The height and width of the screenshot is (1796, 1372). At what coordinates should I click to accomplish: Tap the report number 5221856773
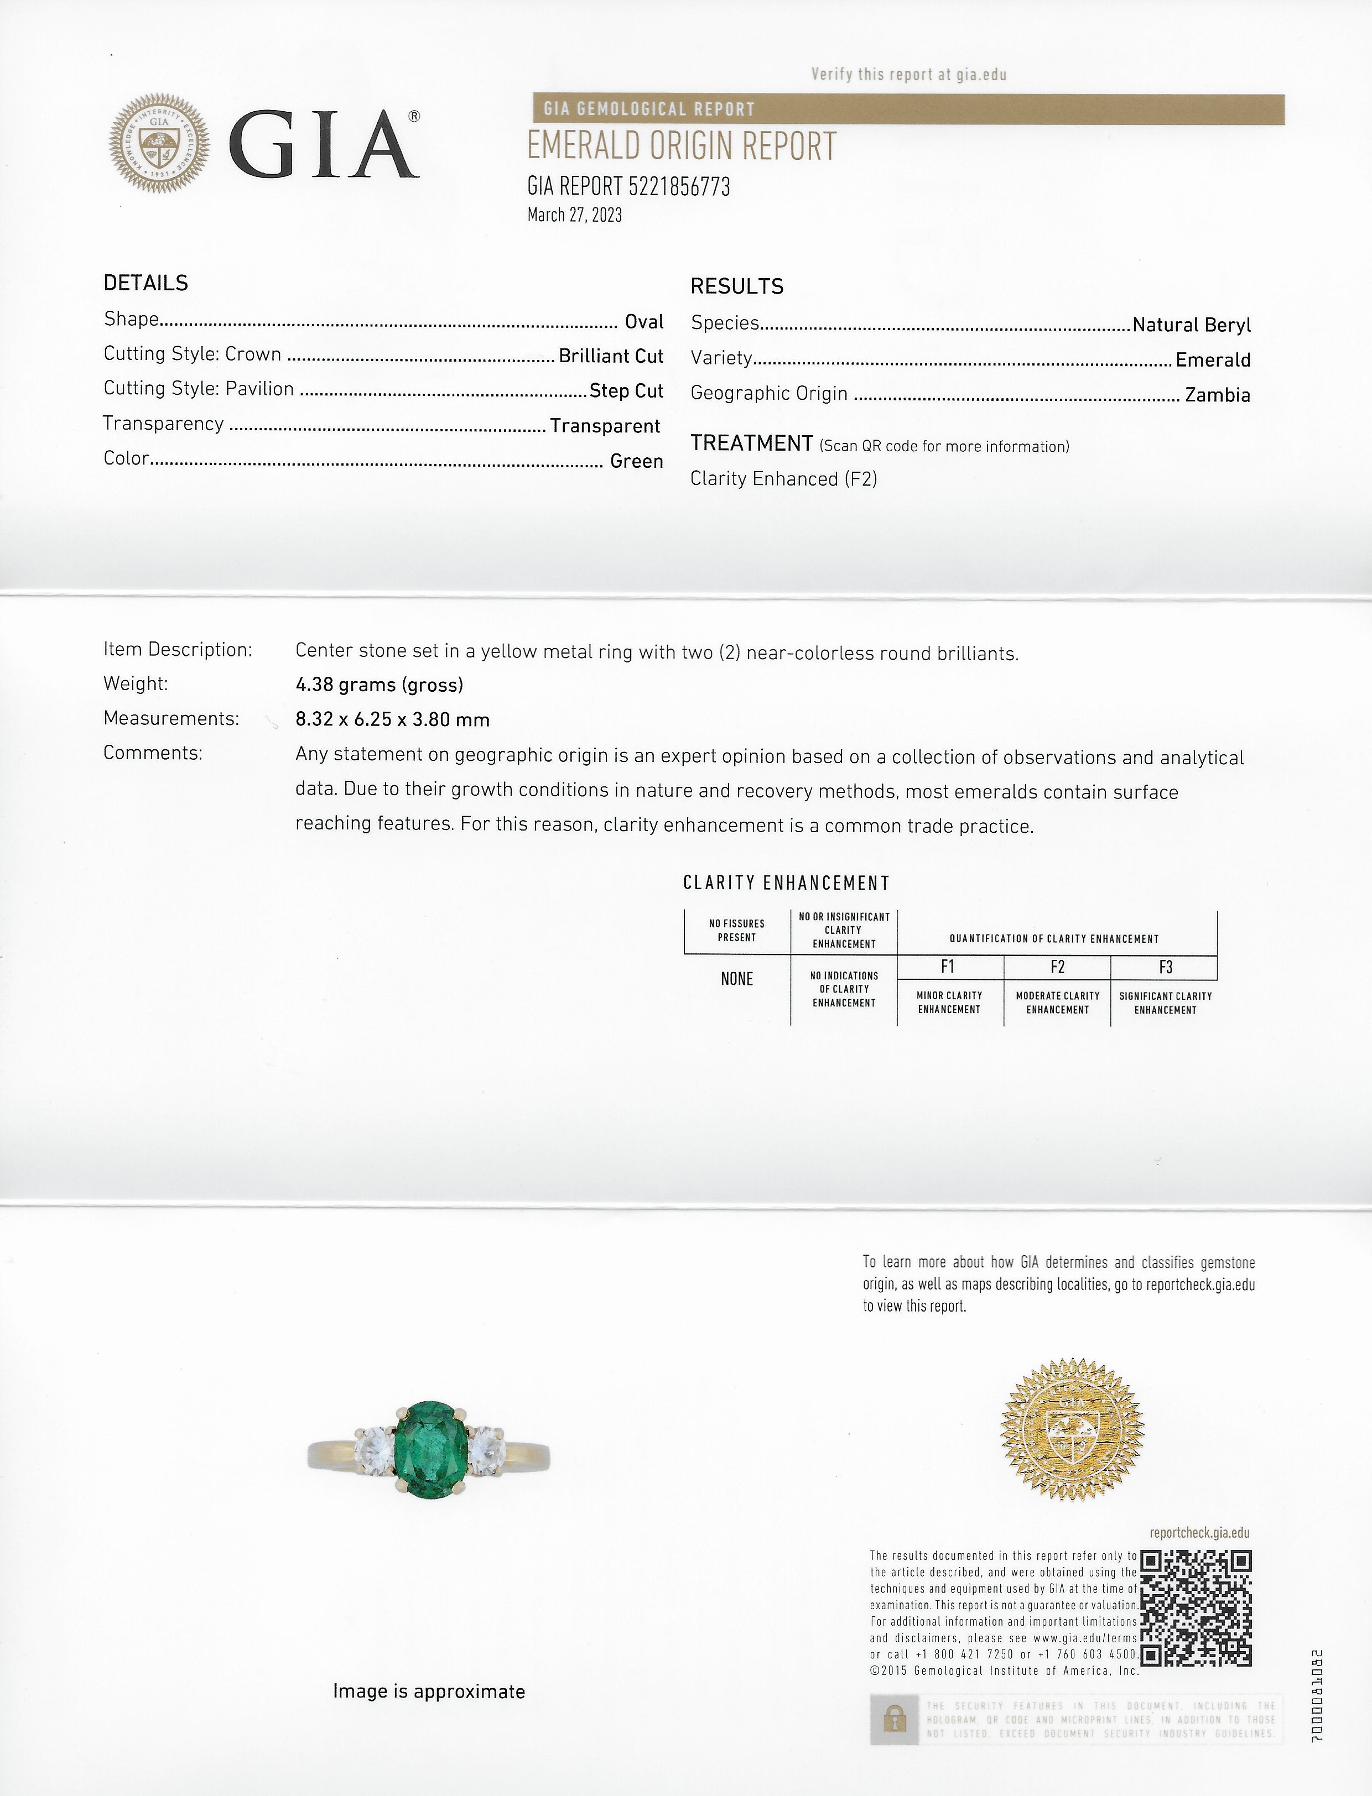coord(679,187)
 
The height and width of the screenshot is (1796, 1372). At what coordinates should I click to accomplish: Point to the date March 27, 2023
coord(574,215)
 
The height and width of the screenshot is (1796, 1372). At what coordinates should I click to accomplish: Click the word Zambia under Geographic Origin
coord(1217,395)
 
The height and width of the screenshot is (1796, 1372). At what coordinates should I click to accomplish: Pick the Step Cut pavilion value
coord(626,391)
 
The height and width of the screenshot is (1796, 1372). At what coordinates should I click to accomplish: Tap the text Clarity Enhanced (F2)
coord(783,478)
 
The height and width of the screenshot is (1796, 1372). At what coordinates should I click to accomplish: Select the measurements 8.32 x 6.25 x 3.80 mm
coord(392,719)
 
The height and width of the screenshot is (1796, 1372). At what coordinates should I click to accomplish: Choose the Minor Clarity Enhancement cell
coord(949,1003)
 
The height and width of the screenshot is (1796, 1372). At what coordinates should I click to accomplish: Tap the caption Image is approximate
coord(429,1691)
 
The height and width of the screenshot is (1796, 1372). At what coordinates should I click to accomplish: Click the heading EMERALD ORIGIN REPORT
coord(681,147)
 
